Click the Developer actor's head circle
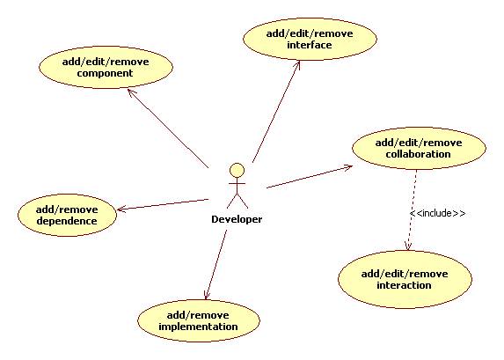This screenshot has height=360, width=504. click(x=237, y=171)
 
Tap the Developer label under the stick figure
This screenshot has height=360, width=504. click(x=237, y=219)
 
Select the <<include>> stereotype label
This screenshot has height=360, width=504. click(x=438, y=213)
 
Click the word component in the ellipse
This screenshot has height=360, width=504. click(x=105, y=73)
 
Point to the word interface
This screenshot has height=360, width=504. click(x=310, y=45)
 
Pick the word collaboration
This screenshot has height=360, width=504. click(x=418, y=154)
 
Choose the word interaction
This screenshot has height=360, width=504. click(x=404, y=285)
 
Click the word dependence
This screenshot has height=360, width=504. click(x=67, y=221)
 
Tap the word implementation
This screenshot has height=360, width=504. click(x=198, y=327)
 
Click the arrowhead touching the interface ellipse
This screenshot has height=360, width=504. click(x=297, y=63)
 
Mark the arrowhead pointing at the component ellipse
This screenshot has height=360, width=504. click(x=130, y=92)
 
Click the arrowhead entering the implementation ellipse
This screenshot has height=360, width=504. click(x=207, y=297)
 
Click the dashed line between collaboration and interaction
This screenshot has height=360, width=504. click(x=413, y=210)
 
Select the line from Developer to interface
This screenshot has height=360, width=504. click(x=276, y=111)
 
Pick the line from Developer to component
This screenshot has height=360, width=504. click(x=168, y=128)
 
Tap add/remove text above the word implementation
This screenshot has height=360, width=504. click(x=198, y=315)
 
